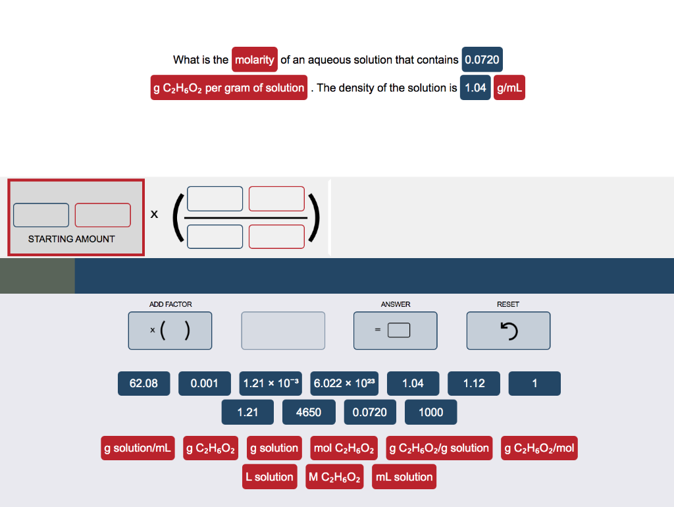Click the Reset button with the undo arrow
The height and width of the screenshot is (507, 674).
[x=508, y=330]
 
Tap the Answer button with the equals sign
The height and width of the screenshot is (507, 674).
[x=395, y=330]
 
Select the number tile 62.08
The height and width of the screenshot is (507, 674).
[x=143, y=383]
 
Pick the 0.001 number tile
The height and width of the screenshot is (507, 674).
[x=204, y=383]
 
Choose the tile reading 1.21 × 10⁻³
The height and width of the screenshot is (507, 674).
[x=271, y=383]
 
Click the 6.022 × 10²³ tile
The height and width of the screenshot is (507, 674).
[x=344, y=383]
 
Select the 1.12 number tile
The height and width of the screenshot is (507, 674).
[x=473, y=383]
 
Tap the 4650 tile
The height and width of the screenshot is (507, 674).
[x=309, y=412]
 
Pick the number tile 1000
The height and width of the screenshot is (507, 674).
[x=430, y=412]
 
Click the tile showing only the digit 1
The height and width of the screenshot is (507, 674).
[x=534, y=383]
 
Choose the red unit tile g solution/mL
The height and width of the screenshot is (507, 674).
[x=138, y=448]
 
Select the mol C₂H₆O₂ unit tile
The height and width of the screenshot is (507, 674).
[x=345, y=448]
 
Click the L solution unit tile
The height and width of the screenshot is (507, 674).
[x=269, y=477]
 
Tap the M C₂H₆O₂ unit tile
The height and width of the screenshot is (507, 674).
[x=335, y=477]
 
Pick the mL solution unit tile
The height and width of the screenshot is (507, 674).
[x=404, y=477]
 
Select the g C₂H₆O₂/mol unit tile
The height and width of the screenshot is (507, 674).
[x=539, y=448]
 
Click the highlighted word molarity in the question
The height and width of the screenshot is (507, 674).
[x=255, y=60]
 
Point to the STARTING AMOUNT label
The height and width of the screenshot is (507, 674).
[x=71, y=239]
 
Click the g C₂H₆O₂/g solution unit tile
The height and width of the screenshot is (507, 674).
[x=439, y=448]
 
